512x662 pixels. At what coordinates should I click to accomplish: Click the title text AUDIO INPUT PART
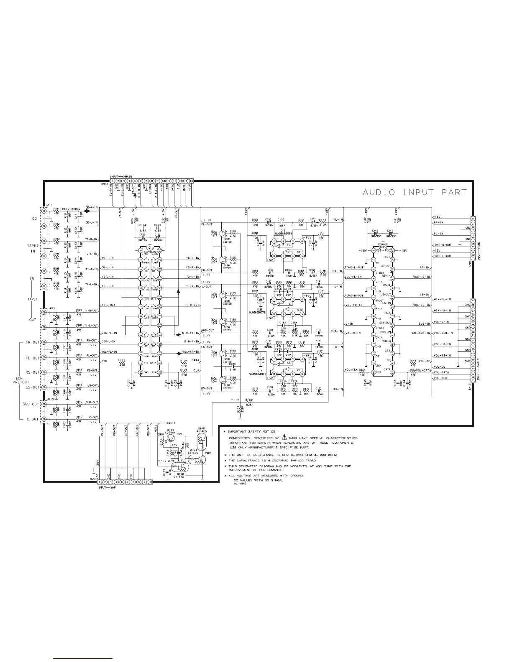414,193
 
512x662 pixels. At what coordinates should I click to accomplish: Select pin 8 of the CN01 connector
473,218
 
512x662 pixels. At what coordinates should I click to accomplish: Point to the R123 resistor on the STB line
122,363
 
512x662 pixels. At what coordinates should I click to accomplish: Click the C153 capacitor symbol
281,222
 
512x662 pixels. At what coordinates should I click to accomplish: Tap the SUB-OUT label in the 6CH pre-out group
31,404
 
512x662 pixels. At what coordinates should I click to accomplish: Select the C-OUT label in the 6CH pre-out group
32,419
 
